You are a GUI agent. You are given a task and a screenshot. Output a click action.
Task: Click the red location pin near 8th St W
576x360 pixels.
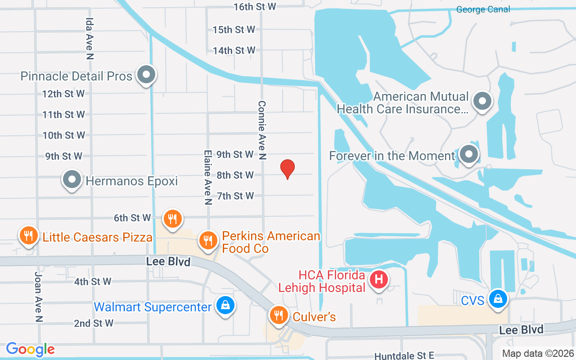(x=288, y=169)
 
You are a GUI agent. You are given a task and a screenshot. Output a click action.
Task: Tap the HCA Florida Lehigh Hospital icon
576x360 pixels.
(x=379, y=279)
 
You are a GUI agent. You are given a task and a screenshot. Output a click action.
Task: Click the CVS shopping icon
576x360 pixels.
(x=499, y=298)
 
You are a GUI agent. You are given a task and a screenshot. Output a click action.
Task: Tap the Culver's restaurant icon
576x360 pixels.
(x=279, y=315)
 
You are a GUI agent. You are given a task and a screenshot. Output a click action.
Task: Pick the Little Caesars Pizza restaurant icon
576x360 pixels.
(x=28, y=235)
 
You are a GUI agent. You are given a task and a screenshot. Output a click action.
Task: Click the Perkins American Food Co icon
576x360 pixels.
(x=207, y=241)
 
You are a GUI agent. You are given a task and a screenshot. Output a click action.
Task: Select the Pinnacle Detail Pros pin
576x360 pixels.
(x=146, y=75)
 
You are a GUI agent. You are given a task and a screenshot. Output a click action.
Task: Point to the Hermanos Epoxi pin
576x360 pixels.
(x=72, y=180)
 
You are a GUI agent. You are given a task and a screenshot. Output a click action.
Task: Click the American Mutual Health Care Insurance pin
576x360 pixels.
(x=482, y=101)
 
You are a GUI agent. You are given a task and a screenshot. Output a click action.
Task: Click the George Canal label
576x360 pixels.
(x=483, y=9)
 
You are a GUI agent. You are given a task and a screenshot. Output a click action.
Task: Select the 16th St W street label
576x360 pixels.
(x=255, y=7)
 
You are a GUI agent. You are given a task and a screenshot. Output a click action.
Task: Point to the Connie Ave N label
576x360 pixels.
(x=262, y=130)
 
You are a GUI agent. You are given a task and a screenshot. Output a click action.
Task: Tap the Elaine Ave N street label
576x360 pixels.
(x=207, y=177)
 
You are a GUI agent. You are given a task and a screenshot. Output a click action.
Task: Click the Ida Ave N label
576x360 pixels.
(x=90, y=39)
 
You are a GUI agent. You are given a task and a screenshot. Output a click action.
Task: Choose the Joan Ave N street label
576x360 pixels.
(x=39, y=297)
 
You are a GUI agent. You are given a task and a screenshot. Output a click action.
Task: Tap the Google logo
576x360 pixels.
(x=31, y=349)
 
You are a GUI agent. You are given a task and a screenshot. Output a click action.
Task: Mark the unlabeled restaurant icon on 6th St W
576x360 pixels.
(x=172, y=218)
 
